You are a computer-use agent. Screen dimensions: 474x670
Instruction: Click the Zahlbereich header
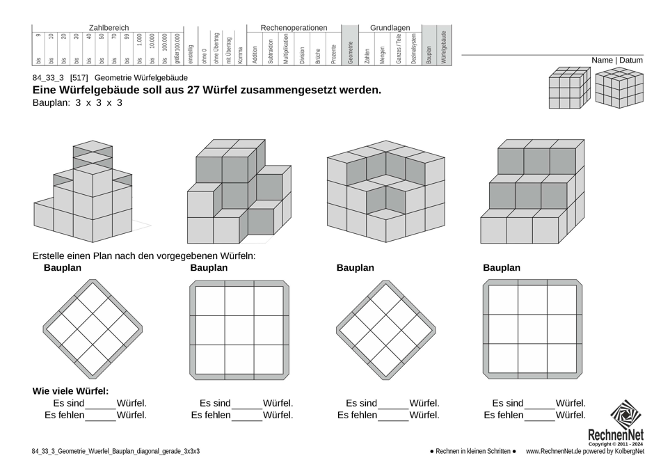(x=109, y=28)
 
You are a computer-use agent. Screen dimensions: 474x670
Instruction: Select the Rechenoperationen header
(x=294, y=28)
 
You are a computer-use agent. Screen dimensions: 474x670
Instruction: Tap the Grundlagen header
(x=390, y=28)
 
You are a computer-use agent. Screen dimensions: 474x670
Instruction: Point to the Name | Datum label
(x=617, y=61)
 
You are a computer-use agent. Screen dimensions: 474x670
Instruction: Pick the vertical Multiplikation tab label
(x=286, y=49)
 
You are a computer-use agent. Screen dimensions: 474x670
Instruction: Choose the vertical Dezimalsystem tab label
(x=414, y=49)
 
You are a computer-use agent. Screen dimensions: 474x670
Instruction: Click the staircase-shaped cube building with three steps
(x=529, y=191)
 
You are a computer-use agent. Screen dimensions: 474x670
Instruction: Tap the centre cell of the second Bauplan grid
(x=239, y=330)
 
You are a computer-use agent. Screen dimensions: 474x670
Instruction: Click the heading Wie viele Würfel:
(x=70, y=391)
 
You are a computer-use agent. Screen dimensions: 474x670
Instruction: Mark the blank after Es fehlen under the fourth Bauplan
(x=539, y=416)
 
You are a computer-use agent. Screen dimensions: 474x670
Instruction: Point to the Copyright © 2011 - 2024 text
(x=616, y=444)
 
